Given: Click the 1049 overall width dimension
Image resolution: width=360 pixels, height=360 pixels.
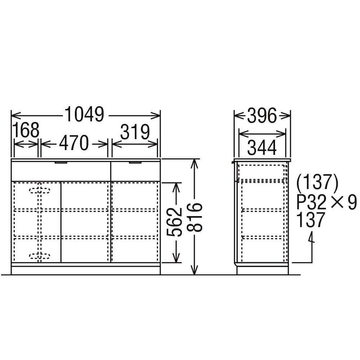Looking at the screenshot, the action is pos(85,114).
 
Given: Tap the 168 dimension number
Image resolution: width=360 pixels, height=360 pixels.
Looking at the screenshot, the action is pos(26,130).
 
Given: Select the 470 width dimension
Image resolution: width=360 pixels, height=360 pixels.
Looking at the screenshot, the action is pos(74,143).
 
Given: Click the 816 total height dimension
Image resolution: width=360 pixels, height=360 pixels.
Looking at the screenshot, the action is pos(194,217).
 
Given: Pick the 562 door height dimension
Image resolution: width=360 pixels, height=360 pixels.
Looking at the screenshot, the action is pos(174,222).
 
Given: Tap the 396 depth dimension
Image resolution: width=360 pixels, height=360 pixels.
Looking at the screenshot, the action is pos(262,116).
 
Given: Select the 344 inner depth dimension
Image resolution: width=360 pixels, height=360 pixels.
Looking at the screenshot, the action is pos(262,148).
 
